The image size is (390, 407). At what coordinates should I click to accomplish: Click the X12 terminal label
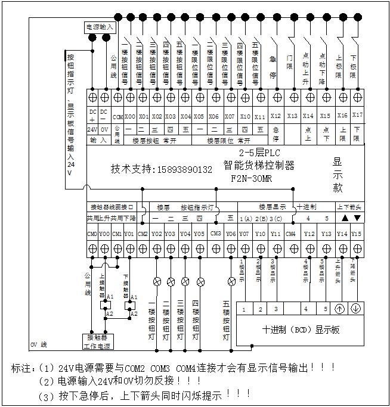pos(276,116)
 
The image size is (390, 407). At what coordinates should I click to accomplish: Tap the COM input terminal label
pos(117,116)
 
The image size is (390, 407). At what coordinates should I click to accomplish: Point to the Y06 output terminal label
pos(231,234)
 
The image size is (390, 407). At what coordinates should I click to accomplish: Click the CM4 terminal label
pos(290,234)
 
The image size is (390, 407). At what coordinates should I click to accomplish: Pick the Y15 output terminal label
pos(357,234)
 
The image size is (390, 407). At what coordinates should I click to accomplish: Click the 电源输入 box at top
pos(99,27)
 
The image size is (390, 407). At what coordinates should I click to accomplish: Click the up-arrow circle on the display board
pos(338,309)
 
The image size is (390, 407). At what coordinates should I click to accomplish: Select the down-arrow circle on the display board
pos(354,309)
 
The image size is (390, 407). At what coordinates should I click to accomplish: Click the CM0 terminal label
pos(92,234)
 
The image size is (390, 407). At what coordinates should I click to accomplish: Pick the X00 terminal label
pos(130,116)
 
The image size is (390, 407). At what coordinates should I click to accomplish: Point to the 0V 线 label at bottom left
pos(39,346)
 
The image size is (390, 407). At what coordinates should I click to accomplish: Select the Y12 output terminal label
pos(309,234)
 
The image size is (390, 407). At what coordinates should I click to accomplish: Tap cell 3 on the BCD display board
pos(276,309)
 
